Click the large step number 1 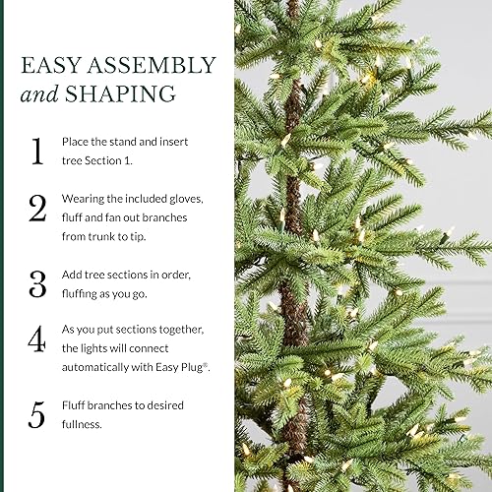click(x=36, y=151)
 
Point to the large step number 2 click(x=36, y=209)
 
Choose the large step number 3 click(x=36, y=283)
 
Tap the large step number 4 click(x=36, y=340)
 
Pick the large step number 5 click(x=36, y=414)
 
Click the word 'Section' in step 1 click(x=104, y=160)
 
